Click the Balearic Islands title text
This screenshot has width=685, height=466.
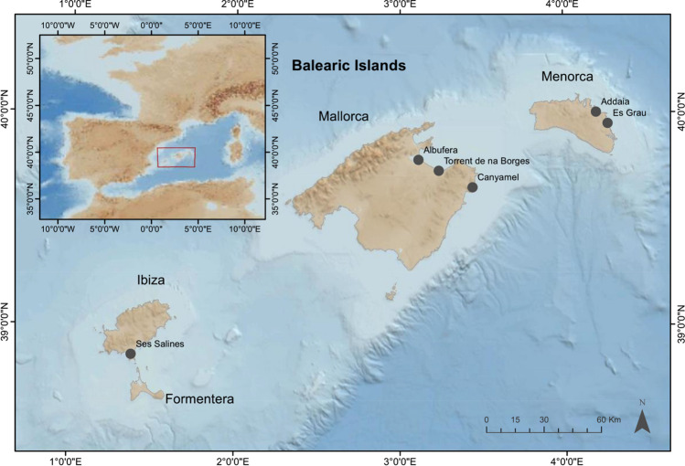pos(348,67)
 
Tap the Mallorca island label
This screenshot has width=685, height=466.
pos(343,117)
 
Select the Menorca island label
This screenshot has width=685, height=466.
pos(564,79)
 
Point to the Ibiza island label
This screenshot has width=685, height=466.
pos(145,281)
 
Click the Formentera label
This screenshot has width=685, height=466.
pos(199,399)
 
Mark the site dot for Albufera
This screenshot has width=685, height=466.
pos(419,160)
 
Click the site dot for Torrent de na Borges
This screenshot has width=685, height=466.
pos(439,171)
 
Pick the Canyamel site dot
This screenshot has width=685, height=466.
pos(473,187)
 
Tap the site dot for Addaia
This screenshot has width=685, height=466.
pos(595,111)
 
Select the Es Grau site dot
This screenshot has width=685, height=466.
pos(607,122)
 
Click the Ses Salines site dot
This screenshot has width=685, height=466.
pos(131,354)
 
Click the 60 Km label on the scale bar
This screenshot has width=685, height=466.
pos(607,419)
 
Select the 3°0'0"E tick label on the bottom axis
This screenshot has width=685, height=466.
pos(400,459)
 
